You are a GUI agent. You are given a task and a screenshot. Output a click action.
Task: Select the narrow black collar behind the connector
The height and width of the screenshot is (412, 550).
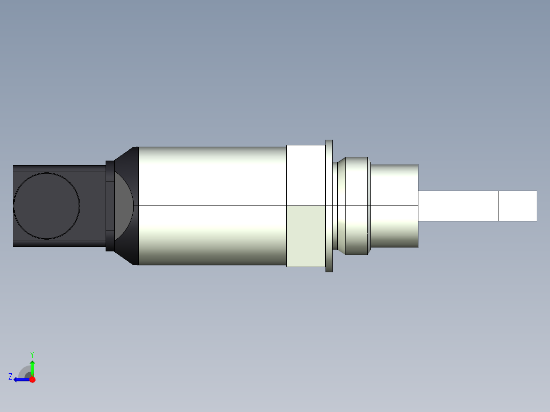point(110,205)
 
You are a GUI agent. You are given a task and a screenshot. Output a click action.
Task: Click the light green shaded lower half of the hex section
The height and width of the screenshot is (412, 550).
point(306,236)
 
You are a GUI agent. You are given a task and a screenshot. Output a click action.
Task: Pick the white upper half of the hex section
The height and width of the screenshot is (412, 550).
point(306,175)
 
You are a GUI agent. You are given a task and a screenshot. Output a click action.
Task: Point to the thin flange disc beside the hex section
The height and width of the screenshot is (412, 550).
point(329,205)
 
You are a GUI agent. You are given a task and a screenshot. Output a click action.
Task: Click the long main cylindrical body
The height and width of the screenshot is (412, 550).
point(212,205)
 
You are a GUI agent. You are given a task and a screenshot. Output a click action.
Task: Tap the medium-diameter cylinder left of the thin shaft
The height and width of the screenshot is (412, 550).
point(394,205)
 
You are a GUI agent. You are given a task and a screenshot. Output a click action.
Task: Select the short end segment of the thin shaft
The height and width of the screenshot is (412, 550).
point(517,206)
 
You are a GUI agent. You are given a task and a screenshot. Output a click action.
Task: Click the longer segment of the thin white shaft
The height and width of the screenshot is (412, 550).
point(458,206)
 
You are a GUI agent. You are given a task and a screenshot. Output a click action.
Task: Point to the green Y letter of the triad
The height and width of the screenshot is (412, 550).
point(32,354)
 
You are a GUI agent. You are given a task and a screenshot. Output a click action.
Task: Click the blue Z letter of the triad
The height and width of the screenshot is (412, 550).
point(10,377)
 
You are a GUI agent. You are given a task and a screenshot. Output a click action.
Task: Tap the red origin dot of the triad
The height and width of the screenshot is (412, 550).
point(32,379)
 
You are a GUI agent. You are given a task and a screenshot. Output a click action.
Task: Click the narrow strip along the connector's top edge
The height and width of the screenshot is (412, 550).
point(59,168)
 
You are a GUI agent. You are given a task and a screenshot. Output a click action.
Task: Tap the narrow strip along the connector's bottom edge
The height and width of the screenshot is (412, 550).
point(59,244)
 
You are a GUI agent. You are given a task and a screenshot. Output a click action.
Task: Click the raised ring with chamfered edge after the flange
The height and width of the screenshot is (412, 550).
point(356,205)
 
